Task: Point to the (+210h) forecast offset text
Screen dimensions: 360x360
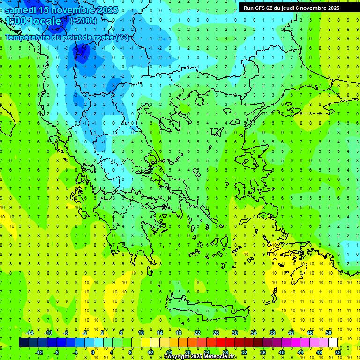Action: click(83, 21)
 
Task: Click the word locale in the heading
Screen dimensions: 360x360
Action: click(45, 21)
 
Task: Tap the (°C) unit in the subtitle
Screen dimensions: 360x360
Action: click(122, 37)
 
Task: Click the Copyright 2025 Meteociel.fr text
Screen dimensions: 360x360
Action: click(207, 357)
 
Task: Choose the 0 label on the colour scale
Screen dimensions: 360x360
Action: click(93, 352)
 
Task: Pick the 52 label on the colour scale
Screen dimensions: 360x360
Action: click(338, 352)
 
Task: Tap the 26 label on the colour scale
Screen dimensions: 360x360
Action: click(216, 333)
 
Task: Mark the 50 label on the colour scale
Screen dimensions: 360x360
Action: click(328, 333)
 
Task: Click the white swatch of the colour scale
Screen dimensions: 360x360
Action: click(333, 343)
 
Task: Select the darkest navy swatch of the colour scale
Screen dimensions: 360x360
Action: click(24, 343)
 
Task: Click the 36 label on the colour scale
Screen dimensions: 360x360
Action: click(262, 352)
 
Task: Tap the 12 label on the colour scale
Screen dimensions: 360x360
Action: click(150, 352)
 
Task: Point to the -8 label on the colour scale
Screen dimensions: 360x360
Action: click(57, 352)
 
